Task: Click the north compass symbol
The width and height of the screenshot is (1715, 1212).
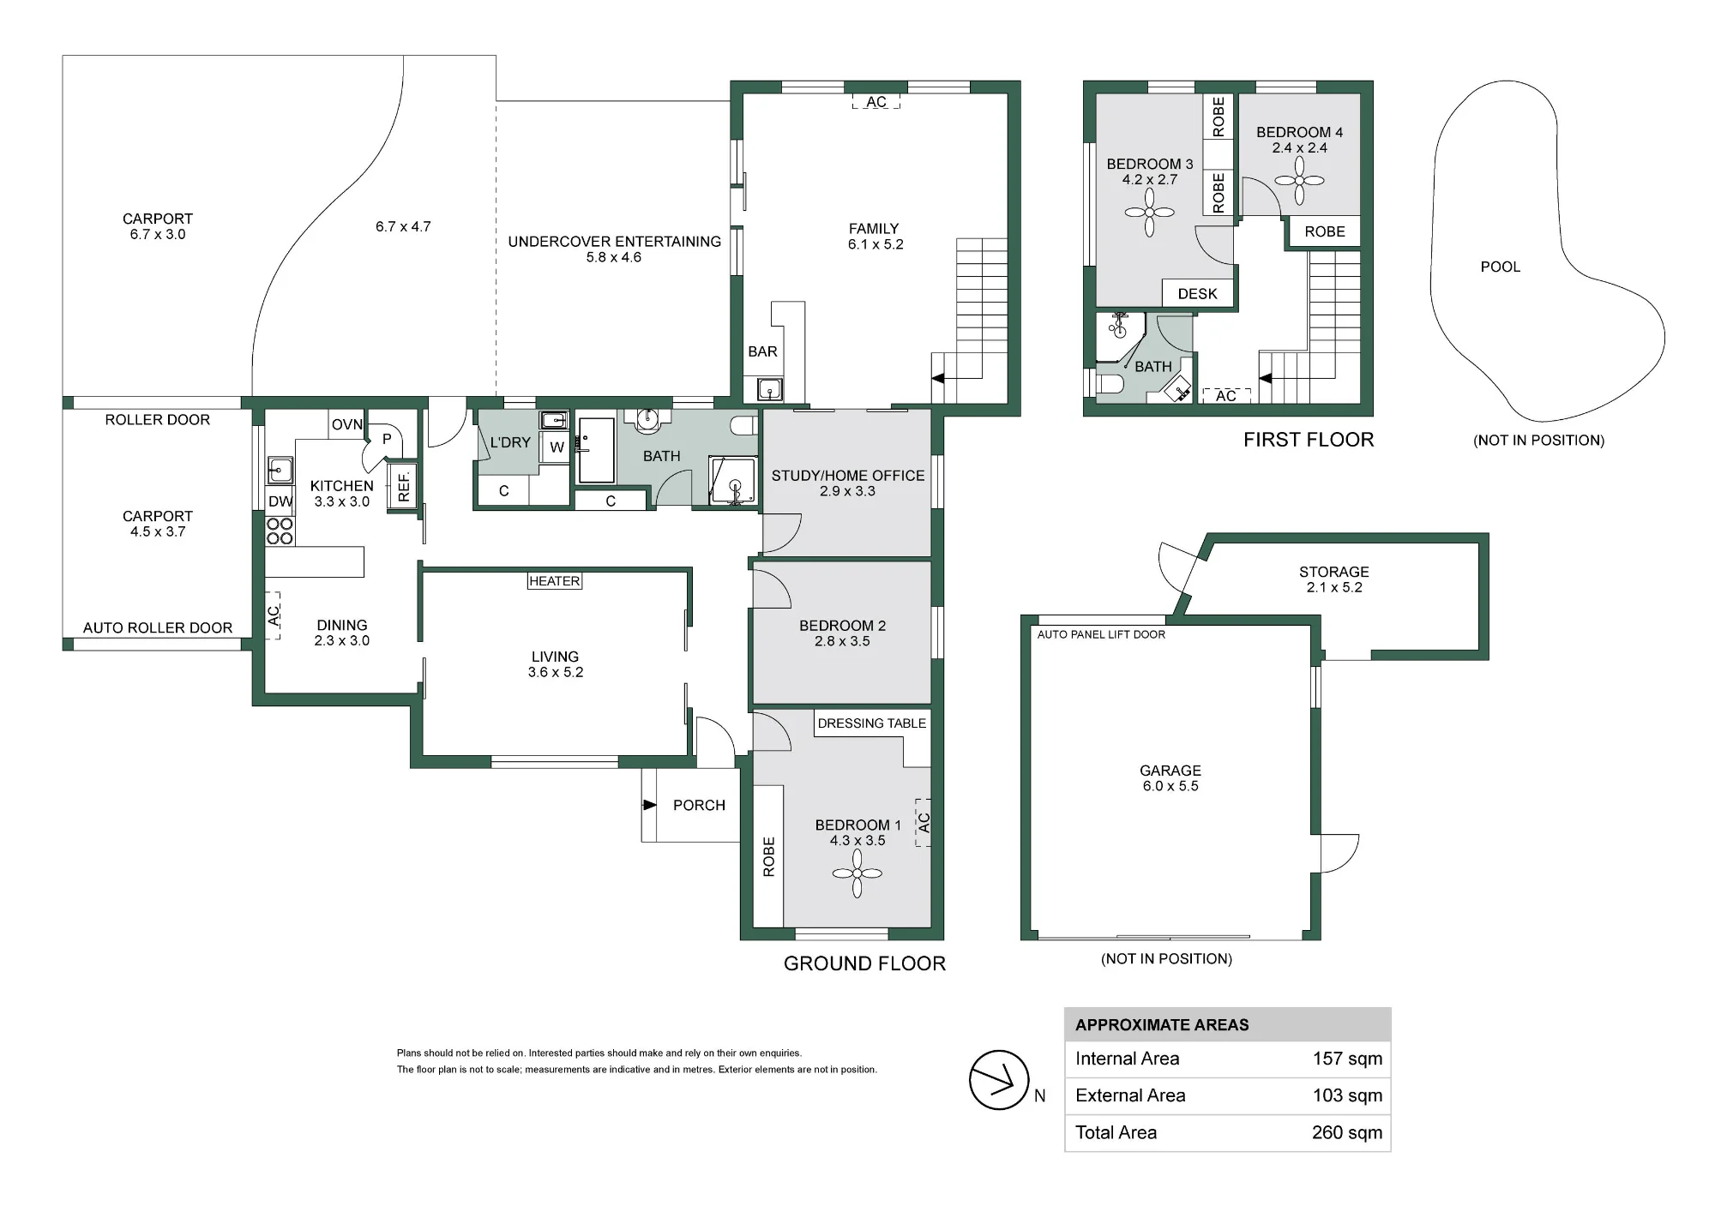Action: (999, 1080)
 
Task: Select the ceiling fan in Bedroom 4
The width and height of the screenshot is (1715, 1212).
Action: (1299, 181)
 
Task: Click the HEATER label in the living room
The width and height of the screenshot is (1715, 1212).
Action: (555, 581)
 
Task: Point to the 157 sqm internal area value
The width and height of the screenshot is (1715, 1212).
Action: (1347, 1059)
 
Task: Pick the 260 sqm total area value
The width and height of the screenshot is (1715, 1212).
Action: (1347, 1132)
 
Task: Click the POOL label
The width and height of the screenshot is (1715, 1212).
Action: (1501, 267)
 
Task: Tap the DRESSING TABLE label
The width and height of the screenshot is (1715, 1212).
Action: (872, 723)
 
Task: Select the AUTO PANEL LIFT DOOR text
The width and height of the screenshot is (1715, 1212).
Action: (1101, 634)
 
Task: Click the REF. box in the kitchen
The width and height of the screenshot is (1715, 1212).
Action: (404, 487)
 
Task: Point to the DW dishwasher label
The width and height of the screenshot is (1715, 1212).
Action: (280, 501)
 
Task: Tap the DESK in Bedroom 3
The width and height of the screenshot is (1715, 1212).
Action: (1197, 293)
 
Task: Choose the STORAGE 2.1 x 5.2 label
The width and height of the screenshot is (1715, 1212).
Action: (1334, 579)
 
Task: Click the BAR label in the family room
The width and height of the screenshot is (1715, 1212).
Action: (762, 351)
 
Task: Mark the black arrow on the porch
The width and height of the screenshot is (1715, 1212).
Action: (650, 805)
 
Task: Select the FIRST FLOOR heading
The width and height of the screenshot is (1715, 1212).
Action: (1309, 440)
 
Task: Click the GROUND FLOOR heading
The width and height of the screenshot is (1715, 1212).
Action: (864, 963)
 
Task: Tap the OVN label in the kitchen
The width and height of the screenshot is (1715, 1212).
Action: (347, 424)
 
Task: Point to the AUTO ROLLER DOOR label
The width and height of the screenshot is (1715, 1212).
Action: (158, 627)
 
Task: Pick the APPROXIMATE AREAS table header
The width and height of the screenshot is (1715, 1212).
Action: (1162, 1025)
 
